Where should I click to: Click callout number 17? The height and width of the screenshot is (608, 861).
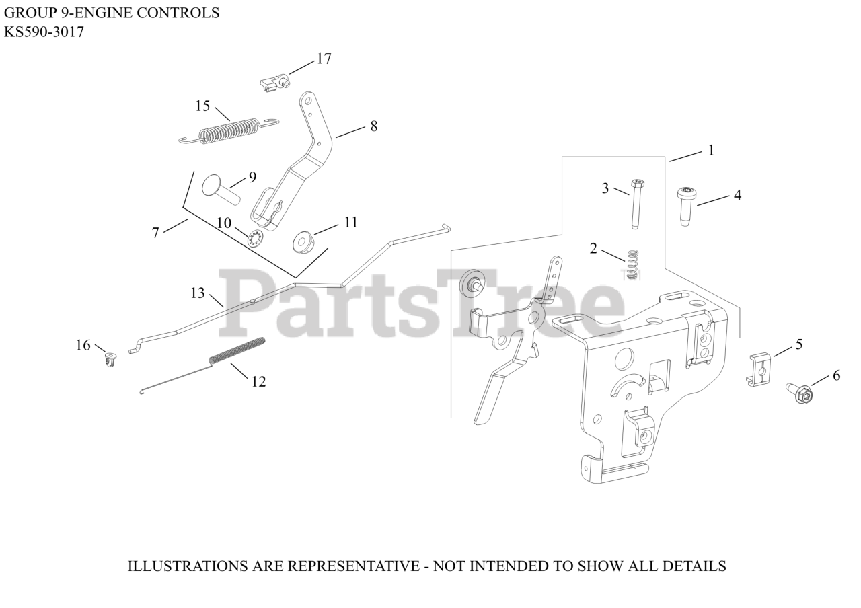pyautogui.click(x=324, y=59)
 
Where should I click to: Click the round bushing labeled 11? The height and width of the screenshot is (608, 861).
pyautogui.click(x=303, y=241)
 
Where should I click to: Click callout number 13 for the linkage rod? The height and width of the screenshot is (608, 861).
pyautogui.click(x=197, y=293)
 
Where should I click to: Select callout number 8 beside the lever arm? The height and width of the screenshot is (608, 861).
pyautogui.click(x=373, y=126)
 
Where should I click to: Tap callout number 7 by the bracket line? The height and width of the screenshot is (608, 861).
pyautogui.click(x=155, y=233)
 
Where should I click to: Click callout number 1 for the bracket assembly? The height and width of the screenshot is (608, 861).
pyautogui.click(x=710, y=150)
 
